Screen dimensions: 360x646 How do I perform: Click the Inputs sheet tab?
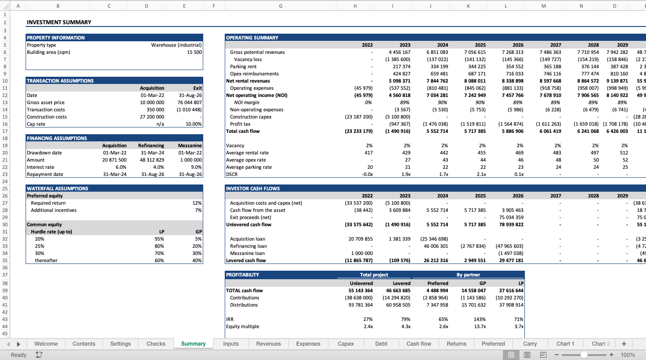(231, 344)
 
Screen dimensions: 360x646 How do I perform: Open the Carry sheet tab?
(530, 344)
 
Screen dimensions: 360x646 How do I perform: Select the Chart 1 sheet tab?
(565, 344)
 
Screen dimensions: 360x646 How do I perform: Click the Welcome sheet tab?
(46, 344)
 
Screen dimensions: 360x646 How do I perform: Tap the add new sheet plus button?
(624, 344)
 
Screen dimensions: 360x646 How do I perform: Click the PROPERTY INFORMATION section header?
(56, 38)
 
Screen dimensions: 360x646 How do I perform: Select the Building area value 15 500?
(194, 52)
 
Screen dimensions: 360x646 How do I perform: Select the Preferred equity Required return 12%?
(197, 203)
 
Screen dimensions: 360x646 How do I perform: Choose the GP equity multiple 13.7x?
(480, 326)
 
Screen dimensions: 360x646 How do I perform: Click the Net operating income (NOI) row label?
(257, 95)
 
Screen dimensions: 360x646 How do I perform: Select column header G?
(280, 6)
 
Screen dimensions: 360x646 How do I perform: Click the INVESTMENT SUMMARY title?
(59, 22)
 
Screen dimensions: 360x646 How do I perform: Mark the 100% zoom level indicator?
(628, 355)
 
